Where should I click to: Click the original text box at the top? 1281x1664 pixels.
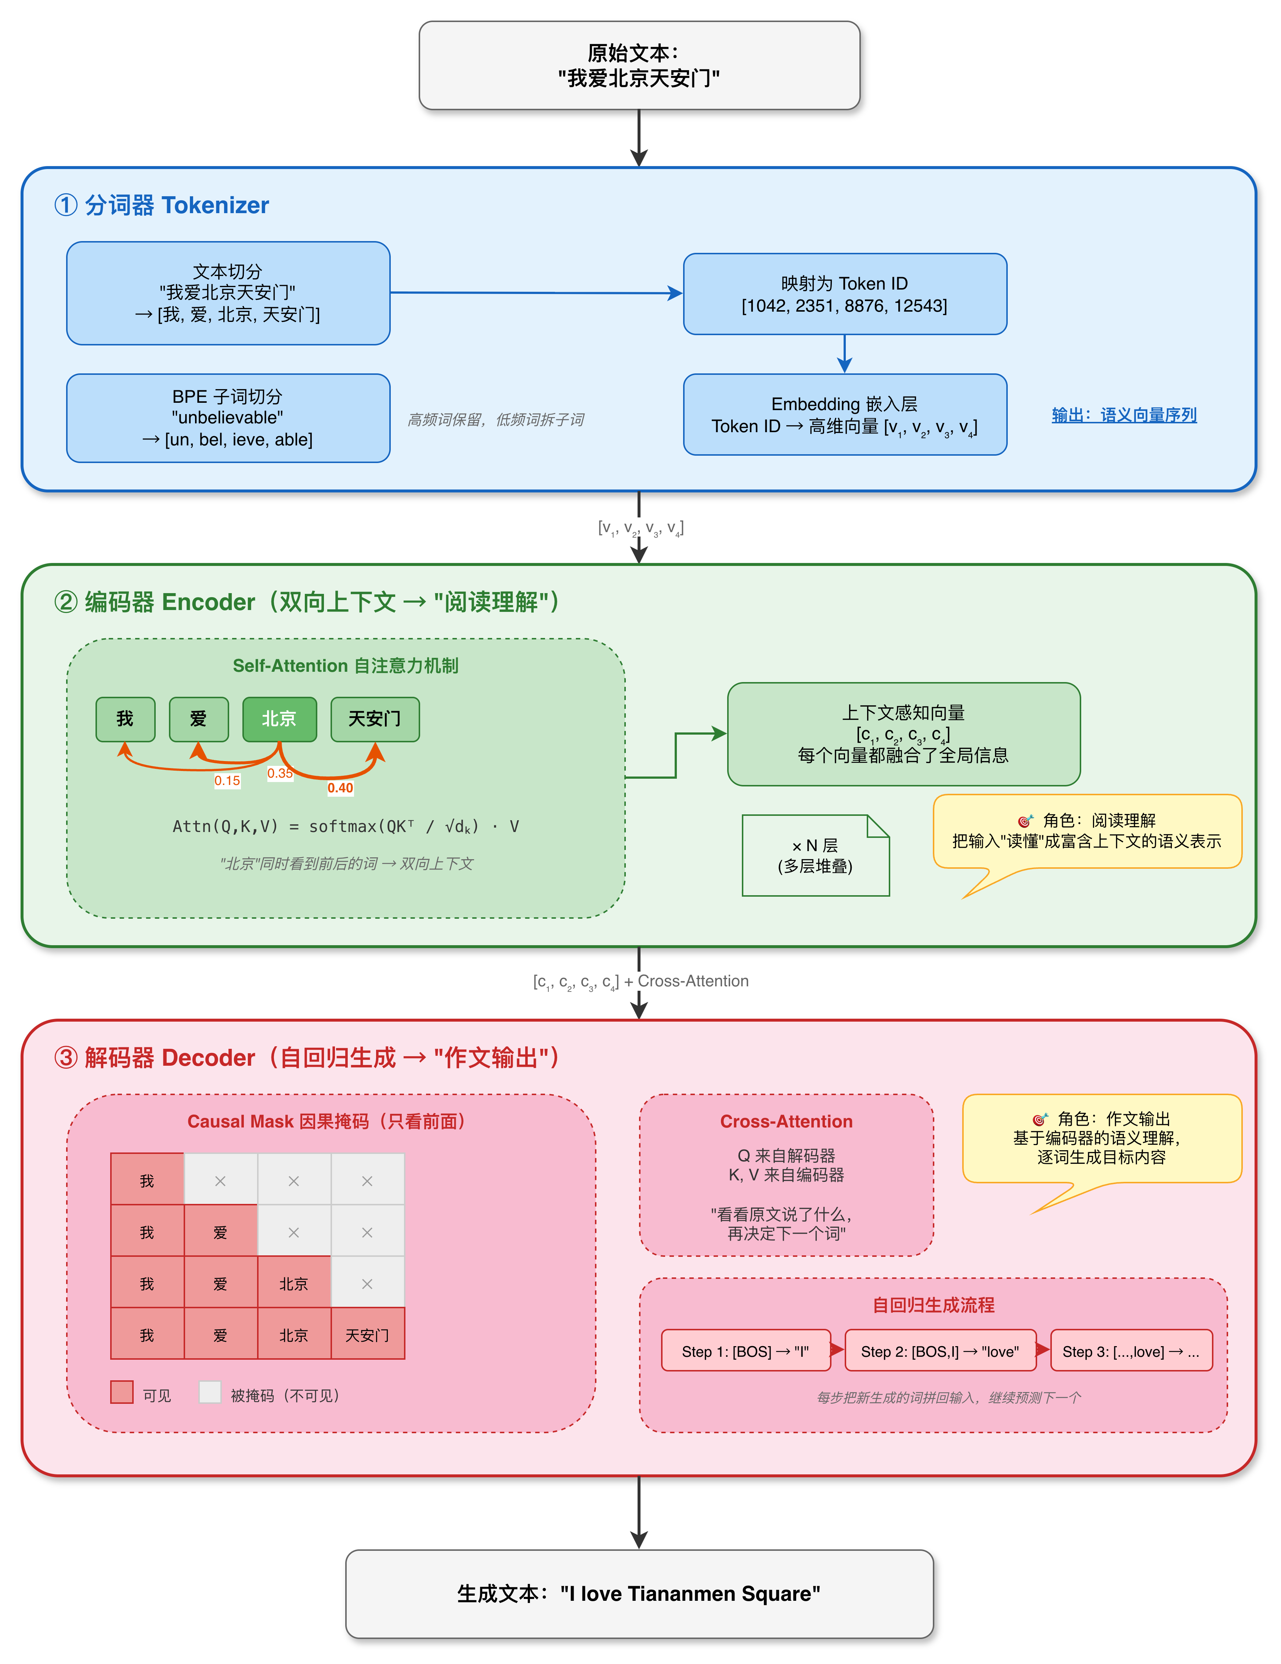tap(639, 65)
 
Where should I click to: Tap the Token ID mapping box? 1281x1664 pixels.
tap(845, 294)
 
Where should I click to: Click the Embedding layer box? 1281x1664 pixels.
tap(845, 415)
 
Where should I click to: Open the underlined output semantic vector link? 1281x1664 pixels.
tap(1124, 415)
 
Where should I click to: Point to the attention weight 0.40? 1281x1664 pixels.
tap(340, 788)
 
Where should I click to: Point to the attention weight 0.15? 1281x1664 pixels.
tap(227, 780)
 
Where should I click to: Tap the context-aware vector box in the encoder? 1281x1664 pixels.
tap(904, 734)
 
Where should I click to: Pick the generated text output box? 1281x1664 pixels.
tap(639, 1594)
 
